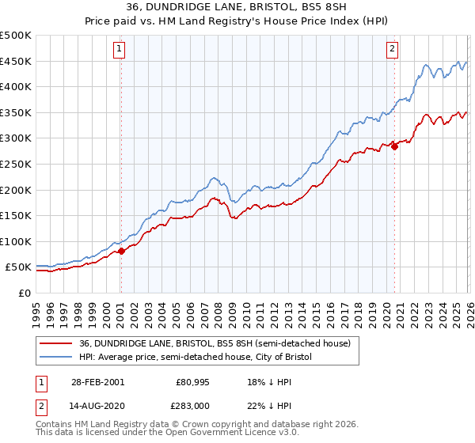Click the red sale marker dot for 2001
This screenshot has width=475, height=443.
coord(121,251)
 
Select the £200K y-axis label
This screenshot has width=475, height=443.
coord(16,190)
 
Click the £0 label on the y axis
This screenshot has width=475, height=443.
coord(23,293)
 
